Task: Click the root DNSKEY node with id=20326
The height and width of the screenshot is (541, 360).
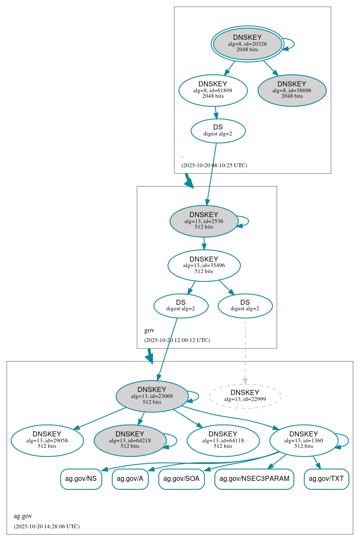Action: [x=247, y=44]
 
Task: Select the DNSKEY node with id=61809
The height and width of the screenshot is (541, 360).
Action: [x=213, y=90]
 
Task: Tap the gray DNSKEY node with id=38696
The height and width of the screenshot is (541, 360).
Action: [x=292, y=90]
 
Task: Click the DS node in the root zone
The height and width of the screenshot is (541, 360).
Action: [x=218, y=130]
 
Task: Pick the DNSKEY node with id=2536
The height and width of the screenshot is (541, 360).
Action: [x=203, y=221]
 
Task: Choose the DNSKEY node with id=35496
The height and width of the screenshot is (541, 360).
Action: [x=204, y=265]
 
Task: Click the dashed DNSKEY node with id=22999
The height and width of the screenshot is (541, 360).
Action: [x=245, y=396]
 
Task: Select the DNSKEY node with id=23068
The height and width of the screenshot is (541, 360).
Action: [x=151, y=396]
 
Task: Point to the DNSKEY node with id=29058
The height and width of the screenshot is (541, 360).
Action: [x=47, y=440]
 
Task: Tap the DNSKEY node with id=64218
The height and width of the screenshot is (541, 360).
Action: [x=130, y=440]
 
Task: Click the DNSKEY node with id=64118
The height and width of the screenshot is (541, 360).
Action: [x=223, y=440]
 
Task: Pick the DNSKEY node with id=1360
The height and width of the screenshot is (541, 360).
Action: [x=303, y=440]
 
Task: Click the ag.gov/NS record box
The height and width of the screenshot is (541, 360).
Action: [x=81, y=479]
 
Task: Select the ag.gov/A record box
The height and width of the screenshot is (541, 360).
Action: [x=130, y=479]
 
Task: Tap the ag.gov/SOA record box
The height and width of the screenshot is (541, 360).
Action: [x=181, y=479]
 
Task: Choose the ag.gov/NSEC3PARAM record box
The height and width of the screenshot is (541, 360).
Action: [x=254, y=479]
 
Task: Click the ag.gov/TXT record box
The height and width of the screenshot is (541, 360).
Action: [x=326, y=479]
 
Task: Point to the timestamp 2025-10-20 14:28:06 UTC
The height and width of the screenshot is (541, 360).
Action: [x=47, y=526]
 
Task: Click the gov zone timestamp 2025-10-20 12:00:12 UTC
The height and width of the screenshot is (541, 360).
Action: [x=177, y=340]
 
